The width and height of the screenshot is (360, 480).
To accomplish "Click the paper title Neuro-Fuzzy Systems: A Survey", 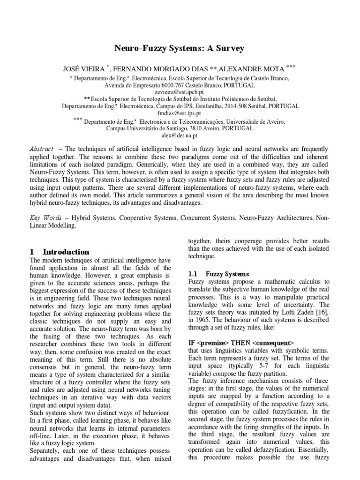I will point(180,48).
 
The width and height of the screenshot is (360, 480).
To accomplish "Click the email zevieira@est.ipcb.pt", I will point(180,93).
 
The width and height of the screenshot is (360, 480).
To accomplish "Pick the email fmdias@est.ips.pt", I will point(180,113).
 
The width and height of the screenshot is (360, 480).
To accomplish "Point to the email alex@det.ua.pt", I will point(180,135).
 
